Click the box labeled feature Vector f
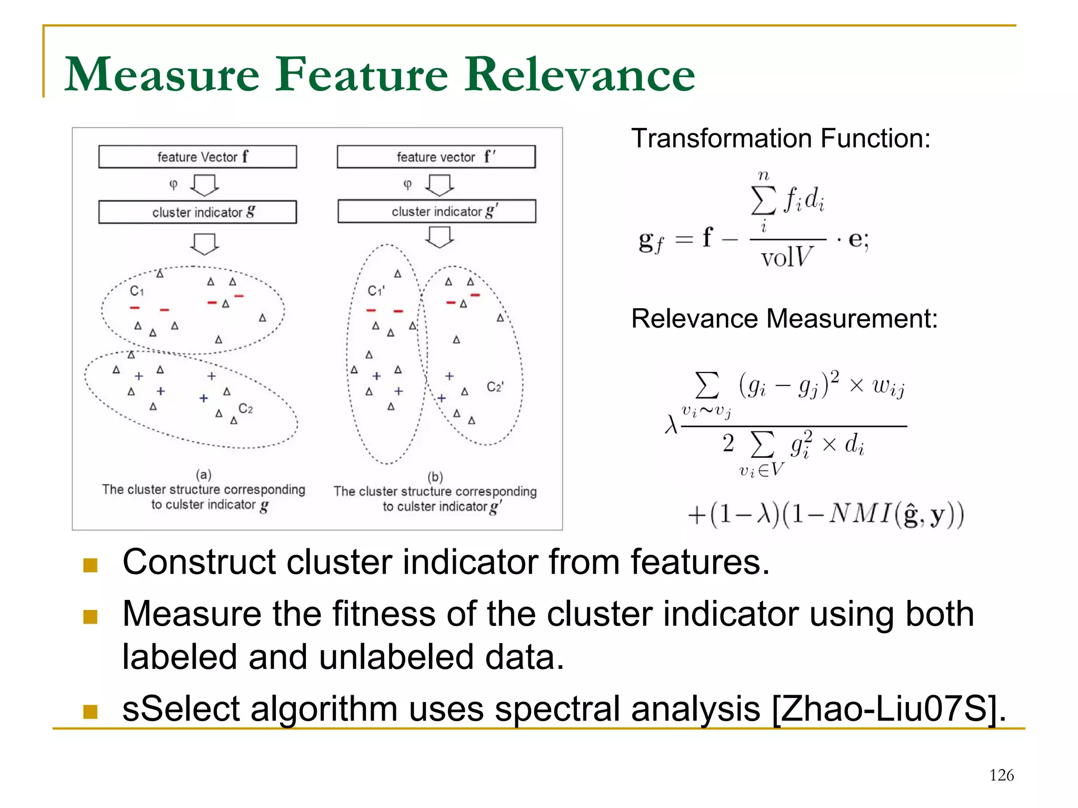pyautogui.click(x=197, y=157)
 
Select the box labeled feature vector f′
pyautogui.click(x=436, y=157)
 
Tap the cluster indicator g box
pyautogui.click(x=197, y=212)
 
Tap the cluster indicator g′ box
pyautogui.click(x=436, y=211)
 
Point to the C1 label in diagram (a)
pyautogui.click(x=136, y=291)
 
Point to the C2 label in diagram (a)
pyautogui.click(x=245, y=409)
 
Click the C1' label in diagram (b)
pyautogui.click(x=376, y=291)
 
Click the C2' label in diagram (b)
pyautogui.click(x=495, y=387)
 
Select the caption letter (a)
pyautogui.click(x=204, y=475)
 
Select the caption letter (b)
pyautogui.click(x=435, y=477)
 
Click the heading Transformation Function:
pyautogui.click(x=781, y=139)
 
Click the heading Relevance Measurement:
pyautogui.click(x=784, y=319)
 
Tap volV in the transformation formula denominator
pyautogui.click(x=786, y=258)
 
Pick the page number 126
pyautogui.click(x=1001, y=775)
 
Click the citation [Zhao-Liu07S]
pyautogui.click(x=889, y=709)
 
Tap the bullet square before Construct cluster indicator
pyautogui.click(x=91, y=565)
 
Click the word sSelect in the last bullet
pyautogui.click(x=181, y=709)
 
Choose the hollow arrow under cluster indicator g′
pyautogui.click(x=439, y=237)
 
